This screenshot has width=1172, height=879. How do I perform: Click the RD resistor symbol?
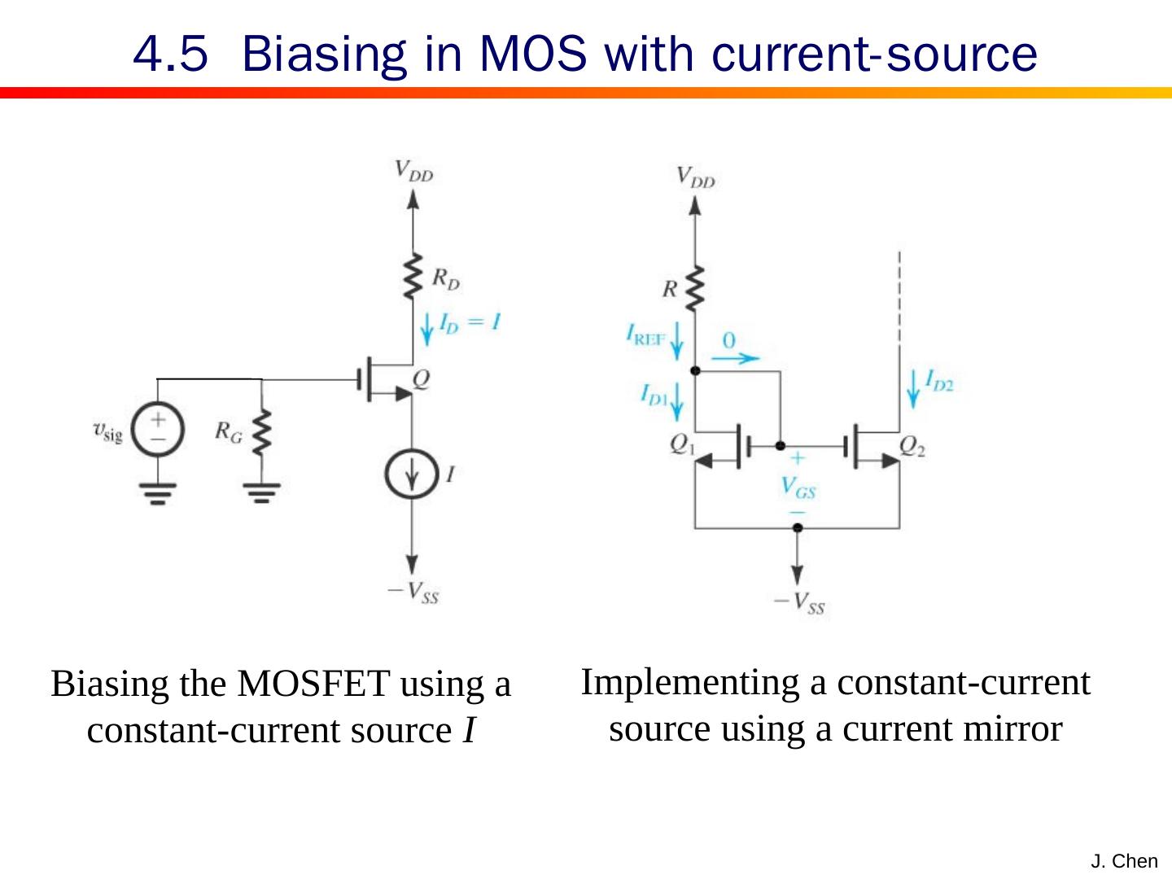click(413, 277)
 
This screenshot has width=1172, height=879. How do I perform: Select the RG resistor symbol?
click(261, 434)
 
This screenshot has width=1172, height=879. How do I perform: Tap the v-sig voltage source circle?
click(158, 429)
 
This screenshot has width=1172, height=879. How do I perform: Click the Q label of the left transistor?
click(422, 379)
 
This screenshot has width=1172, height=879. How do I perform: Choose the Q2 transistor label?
click(913, 444)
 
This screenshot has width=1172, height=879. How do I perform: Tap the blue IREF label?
click(646, 335)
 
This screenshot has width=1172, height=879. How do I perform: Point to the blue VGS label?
click(798, 488)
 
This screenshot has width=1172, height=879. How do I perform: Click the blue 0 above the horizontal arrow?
click(729, 339)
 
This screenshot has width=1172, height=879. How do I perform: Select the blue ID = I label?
click(469, 322)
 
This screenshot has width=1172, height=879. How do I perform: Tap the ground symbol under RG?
click(261, 492)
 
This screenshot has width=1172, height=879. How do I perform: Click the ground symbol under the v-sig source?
click(158, 492)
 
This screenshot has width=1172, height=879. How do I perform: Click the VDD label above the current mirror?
click(696, 177)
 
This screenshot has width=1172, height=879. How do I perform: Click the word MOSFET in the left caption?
click(313, 684)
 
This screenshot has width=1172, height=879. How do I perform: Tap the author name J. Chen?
click(1123, 861)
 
